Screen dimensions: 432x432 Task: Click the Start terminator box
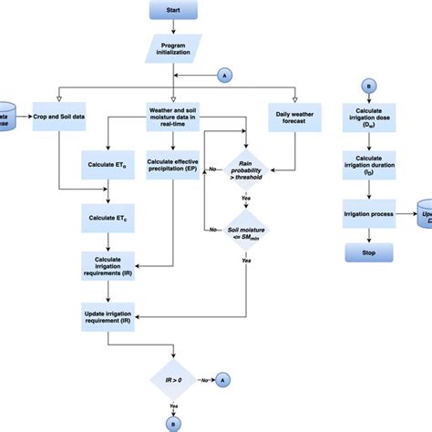tap(174, 11)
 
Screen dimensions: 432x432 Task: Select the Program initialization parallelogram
tap(173, 47)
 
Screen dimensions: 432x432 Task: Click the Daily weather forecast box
tap(293, 116)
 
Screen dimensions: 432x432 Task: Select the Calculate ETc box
tap(108, 219)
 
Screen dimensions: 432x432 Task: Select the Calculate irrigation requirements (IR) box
tap(108, 264)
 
